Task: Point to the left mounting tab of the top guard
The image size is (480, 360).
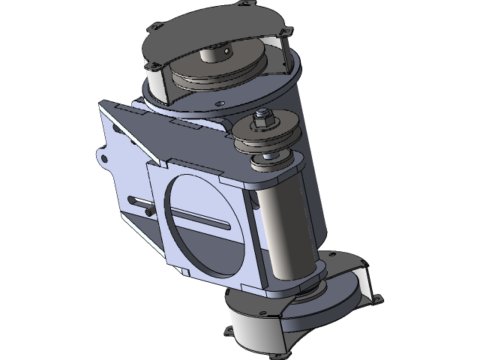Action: (154, 28)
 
